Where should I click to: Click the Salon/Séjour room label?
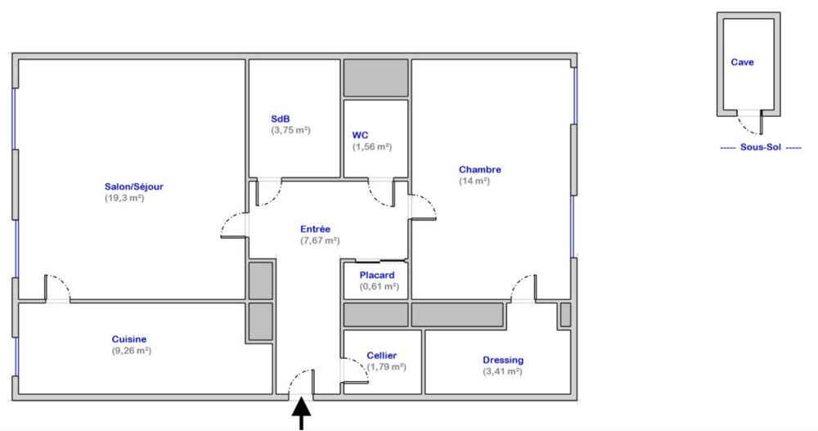[x=134, y=186]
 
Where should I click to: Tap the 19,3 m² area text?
[x=124, y=198]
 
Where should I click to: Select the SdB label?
[x=280, y=119]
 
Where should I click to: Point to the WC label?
[x=360, y=136]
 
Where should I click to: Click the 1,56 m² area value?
[x=372, y=147]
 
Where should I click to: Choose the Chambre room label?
[x=480, y=169]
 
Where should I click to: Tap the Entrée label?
[x=315, y=229]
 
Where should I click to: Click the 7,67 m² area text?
[x=320, y=240]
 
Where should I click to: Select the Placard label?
[x=376, y=275]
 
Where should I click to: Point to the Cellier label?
[x=381, y=355]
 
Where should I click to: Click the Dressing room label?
[x=503, y=360]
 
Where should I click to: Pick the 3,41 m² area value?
[x=502, y=371]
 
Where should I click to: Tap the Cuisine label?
[x=129, y=339]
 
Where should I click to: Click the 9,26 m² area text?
[x=132, y=351]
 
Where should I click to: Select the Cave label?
[x=742, y=62]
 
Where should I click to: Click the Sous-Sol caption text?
[x=761, y=147]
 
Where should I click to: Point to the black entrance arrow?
[x=301, y=413]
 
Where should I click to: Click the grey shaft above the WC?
[x=375, y=78]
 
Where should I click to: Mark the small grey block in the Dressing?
[x=565, y=315]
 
